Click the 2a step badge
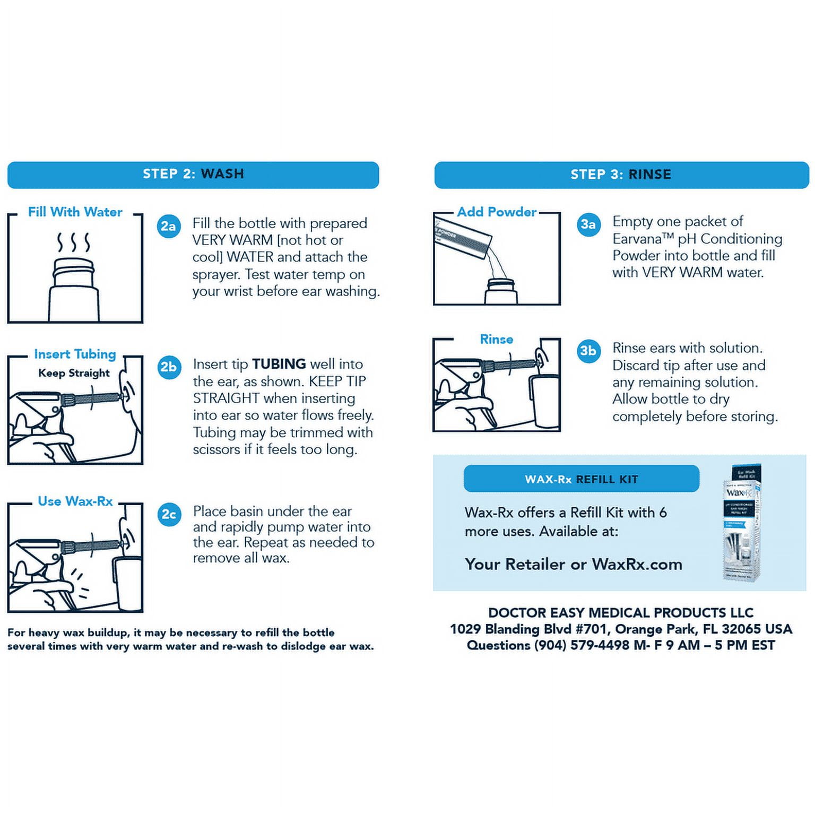(x=169, y=227)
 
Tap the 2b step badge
(x=169, y=367)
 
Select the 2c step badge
(x=169, y=514)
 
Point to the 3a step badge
(x=588, y=224)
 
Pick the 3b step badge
(x=588, y=351)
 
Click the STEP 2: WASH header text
(x=193, y=174)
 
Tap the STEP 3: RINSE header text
(x=621, y=175)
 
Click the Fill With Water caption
(x=75, y=212)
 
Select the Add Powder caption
(x=497, y=212)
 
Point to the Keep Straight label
(x=74, y=373)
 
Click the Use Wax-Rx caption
(x=75, y=501)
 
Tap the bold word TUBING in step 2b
(x=279, y=364)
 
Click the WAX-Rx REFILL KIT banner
(x=582, y=479)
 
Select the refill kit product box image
(x=743, y=522)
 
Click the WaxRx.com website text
(x=637, y=564)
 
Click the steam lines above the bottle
(x=74, y=242)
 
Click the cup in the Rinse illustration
(x=545, y=401)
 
